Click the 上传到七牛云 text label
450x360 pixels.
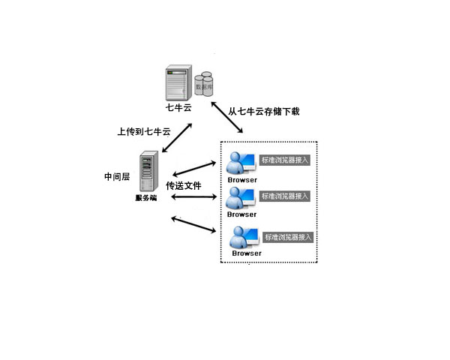pyautogui.click(x=143, y=131)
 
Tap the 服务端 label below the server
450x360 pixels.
pyautogui.click(x=146, y=198)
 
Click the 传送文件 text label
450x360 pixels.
pyautogui.click(x=184, y=184)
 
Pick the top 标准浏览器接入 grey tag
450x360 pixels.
pyautogui.click(x=284, y=160)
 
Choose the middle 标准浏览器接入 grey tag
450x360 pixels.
pyautogui.click(x=284, y=196)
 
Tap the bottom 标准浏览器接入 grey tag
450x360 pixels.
pyautogui.click(x=288, y=236)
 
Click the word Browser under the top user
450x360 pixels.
pyautogui.click(x=242, y=180)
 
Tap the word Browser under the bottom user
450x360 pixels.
pyautogui.click(x=247, y=253)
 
